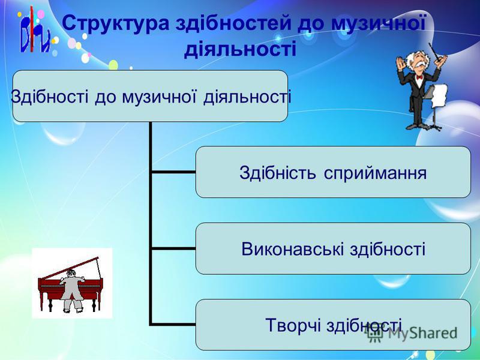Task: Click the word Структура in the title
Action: pos(116,23)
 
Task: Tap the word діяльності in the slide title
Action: pos(241,49)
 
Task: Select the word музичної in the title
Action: pos(379,23)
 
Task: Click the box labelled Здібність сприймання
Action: pos(333,172)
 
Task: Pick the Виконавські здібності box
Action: pos(333,248)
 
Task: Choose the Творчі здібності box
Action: pos(333,325)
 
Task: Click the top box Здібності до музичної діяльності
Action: pos(150,96)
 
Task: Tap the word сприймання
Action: pos(375,173)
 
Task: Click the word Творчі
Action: pos(293,325)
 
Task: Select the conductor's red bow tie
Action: pos(419,77)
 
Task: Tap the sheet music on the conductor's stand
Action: pos(440,95)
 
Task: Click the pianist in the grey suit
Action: pos(72,291)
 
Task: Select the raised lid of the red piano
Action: pos(70,268)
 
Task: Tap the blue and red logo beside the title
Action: pos(35,31)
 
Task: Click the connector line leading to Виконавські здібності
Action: pos(173,248)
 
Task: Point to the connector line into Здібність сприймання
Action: pos(173,172)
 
